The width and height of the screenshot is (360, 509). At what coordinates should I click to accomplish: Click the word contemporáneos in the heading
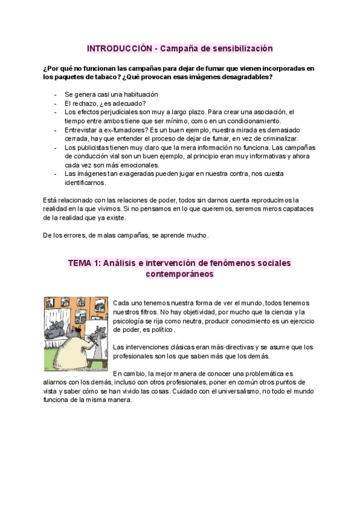pos(179,274)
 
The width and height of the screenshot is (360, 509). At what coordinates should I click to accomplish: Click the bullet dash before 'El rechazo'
pos(55,103)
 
